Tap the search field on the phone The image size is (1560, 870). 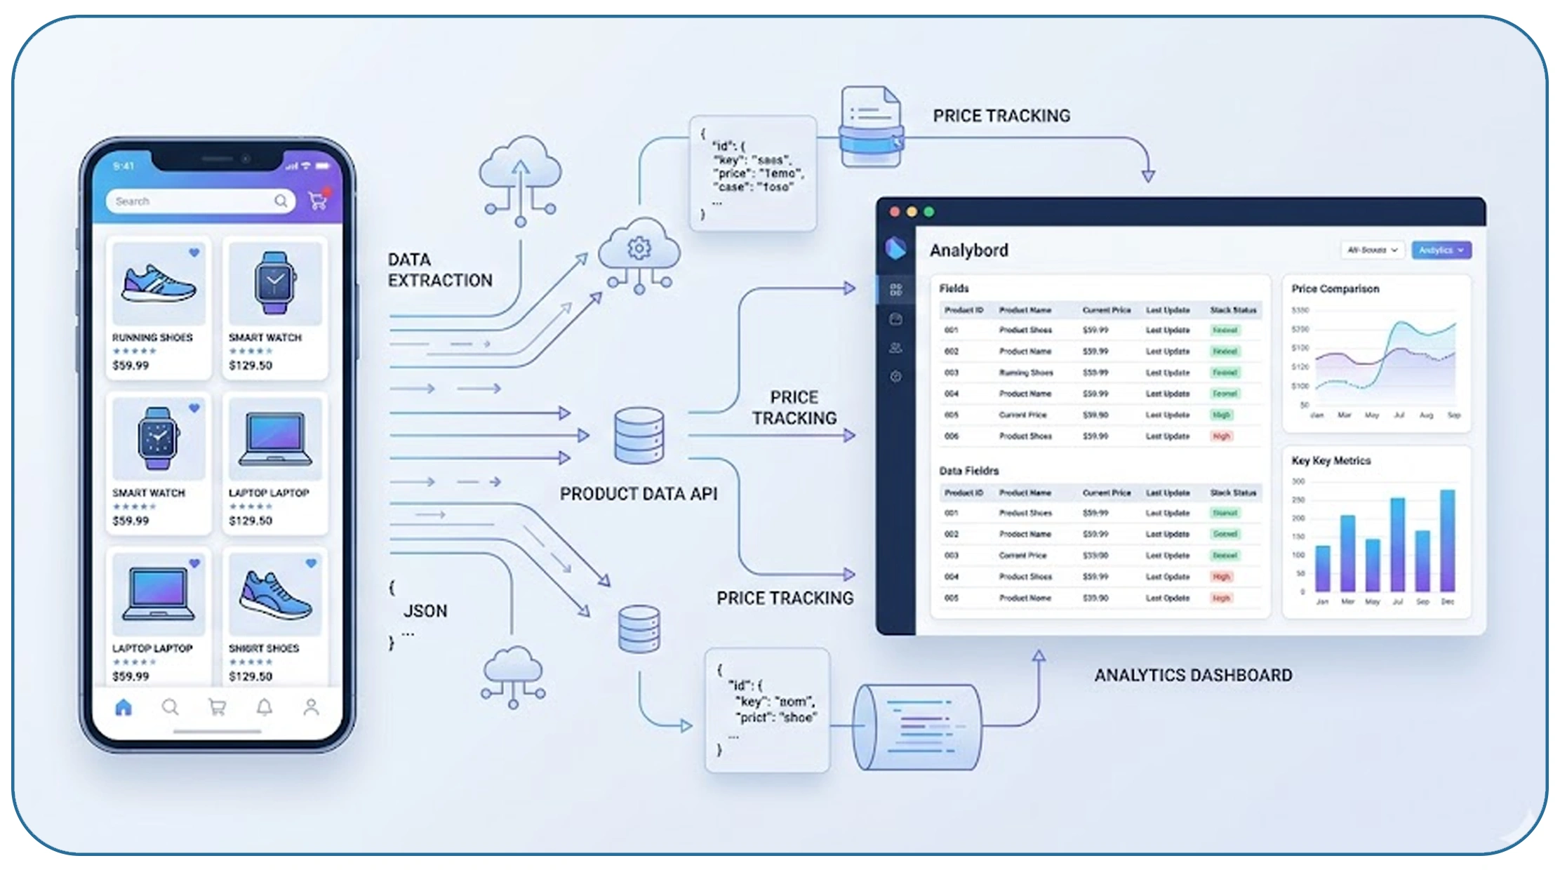pos(189,201)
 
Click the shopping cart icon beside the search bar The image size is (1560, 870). pos(318,201)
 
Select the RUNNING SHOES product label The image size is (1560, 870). pos(152,337)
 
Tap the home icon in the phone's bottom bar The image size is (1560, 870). pos(124,707)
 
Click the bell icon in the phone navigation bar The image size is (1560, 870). pos(264,707)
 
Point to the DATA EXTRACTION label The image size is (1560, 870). pos(440,270)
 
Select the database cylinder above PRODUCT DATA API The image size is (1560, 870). pos(639,436)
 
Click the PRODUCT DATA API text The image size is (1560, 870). pos(639,494)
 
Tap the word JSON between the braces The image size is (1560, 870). pos(425,611)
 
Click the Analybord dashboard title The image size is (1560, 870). pos(969,250)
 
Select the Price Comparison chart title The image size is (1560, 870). pos(1335,289)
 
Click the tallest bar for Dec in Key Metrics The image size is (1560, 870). pos(1447,540)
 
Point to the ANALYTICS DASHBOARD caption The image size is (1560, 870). pos(1193,675)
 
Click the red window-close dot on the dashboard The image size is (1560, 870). pos(895,212)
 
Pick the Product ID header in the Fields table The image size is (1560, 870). pos(964,310)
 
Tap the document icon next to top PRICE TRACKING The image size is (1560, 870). pos(871,127)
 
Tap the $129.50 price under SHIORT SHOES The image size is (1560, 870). pos(251,676)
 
